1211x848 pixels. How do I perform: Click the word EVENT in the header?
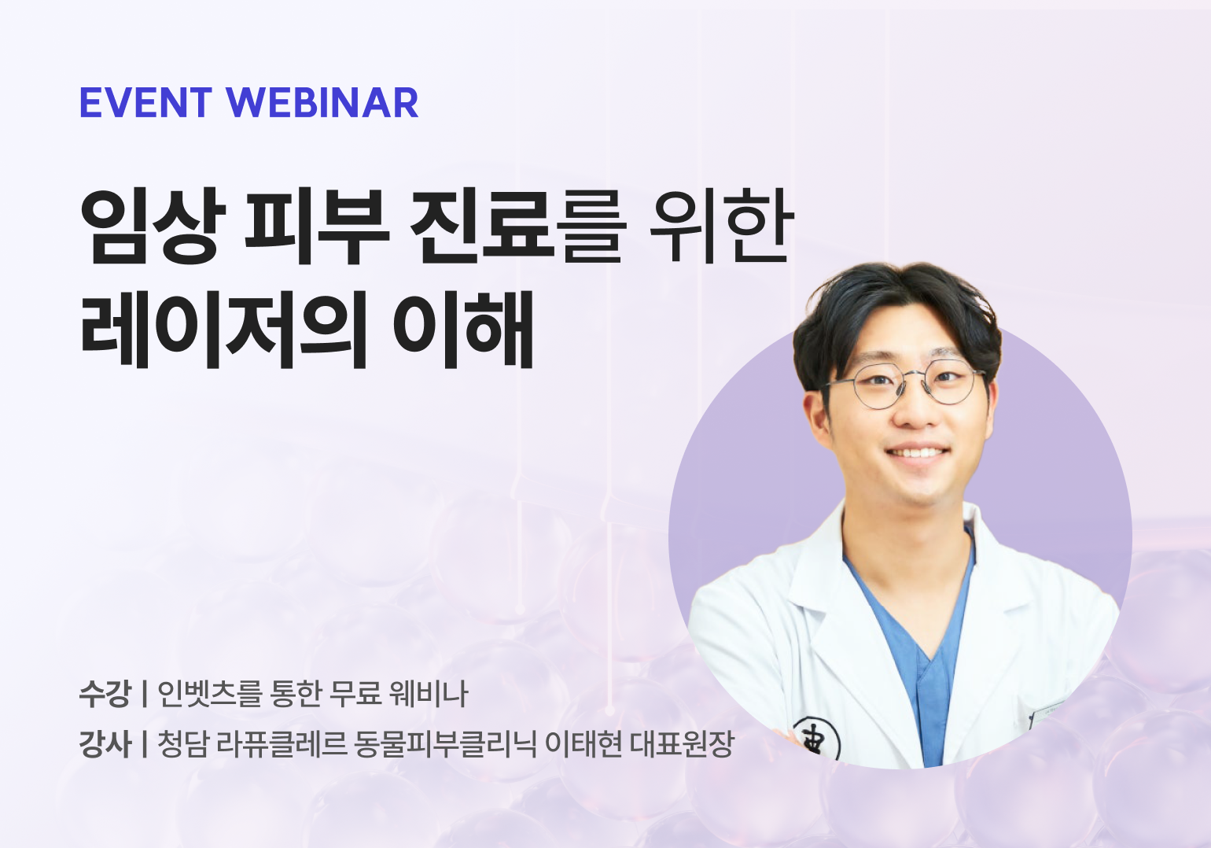(145, 103)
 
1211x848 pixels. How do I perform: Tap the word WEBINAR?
(322, 103)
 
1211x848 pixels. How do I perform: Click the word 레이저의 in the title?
(224, 330)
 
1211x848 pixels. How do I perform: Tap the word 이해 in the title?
(464, 330)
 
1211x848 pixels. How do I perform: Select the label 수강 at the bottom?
(105, 694)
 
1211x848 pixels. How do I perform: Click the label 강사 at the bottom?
(105, 743)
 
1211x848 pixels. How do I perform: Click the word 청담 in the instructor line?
(182, 743)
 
